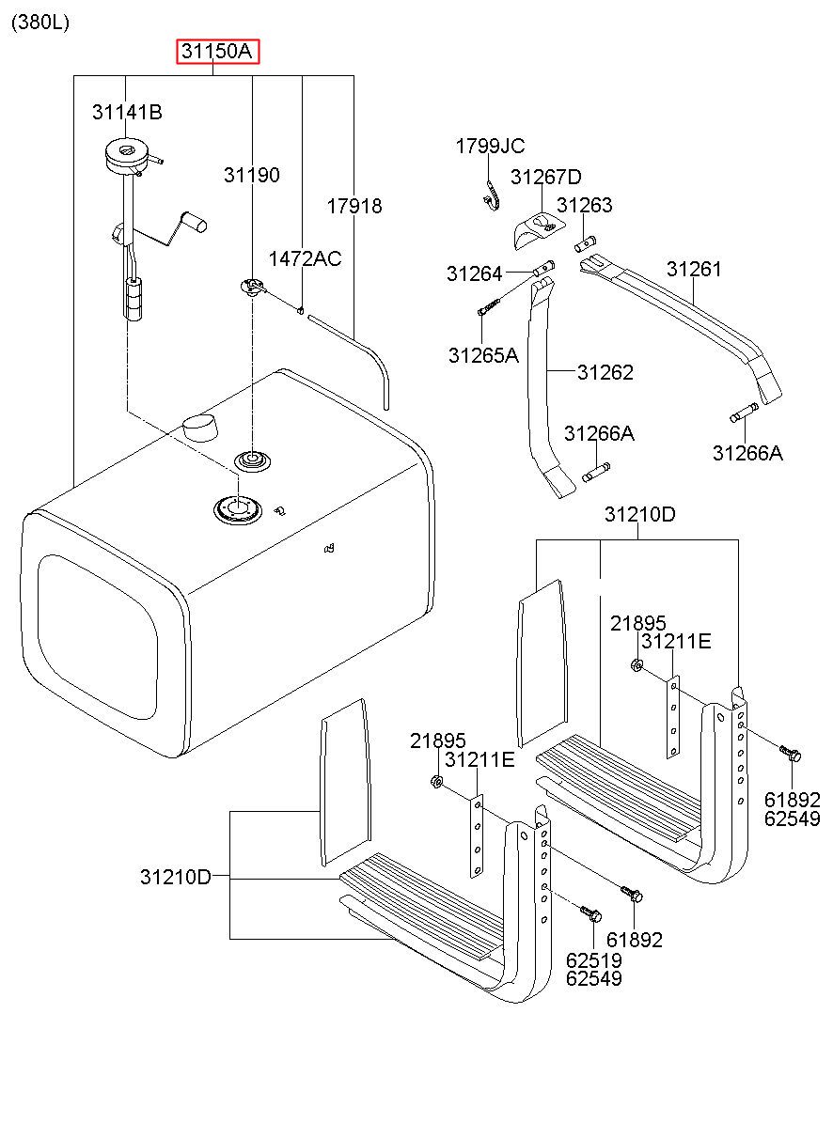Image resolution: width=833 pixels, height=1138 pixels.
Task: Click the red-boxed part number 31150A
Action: pos(217,51)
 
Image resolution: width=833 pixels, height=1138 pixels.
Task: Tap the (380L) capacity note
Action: pos(40,23)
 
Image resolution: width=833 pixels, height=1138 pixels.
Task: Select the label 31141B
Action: pos(127,112)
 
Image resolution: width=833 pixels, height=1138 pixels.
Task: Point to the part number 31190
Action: pos(252,176)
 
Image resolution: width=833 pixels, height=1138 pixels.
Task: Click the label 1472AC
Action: pos(305,259)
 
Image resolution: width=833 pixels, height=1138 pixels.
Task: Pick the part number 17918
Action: pos(354,206)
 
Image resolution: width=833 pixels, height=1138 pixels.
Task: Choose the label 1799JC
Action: pos(490,147)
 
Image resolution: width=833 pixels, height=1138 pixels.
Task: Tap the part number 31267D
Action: pos(546,178)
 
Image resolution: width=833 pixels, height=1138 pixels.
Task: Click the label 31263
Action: pos(585,205)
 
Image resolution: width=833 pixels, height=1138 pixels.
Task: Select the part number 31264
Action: pos(474,274)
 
